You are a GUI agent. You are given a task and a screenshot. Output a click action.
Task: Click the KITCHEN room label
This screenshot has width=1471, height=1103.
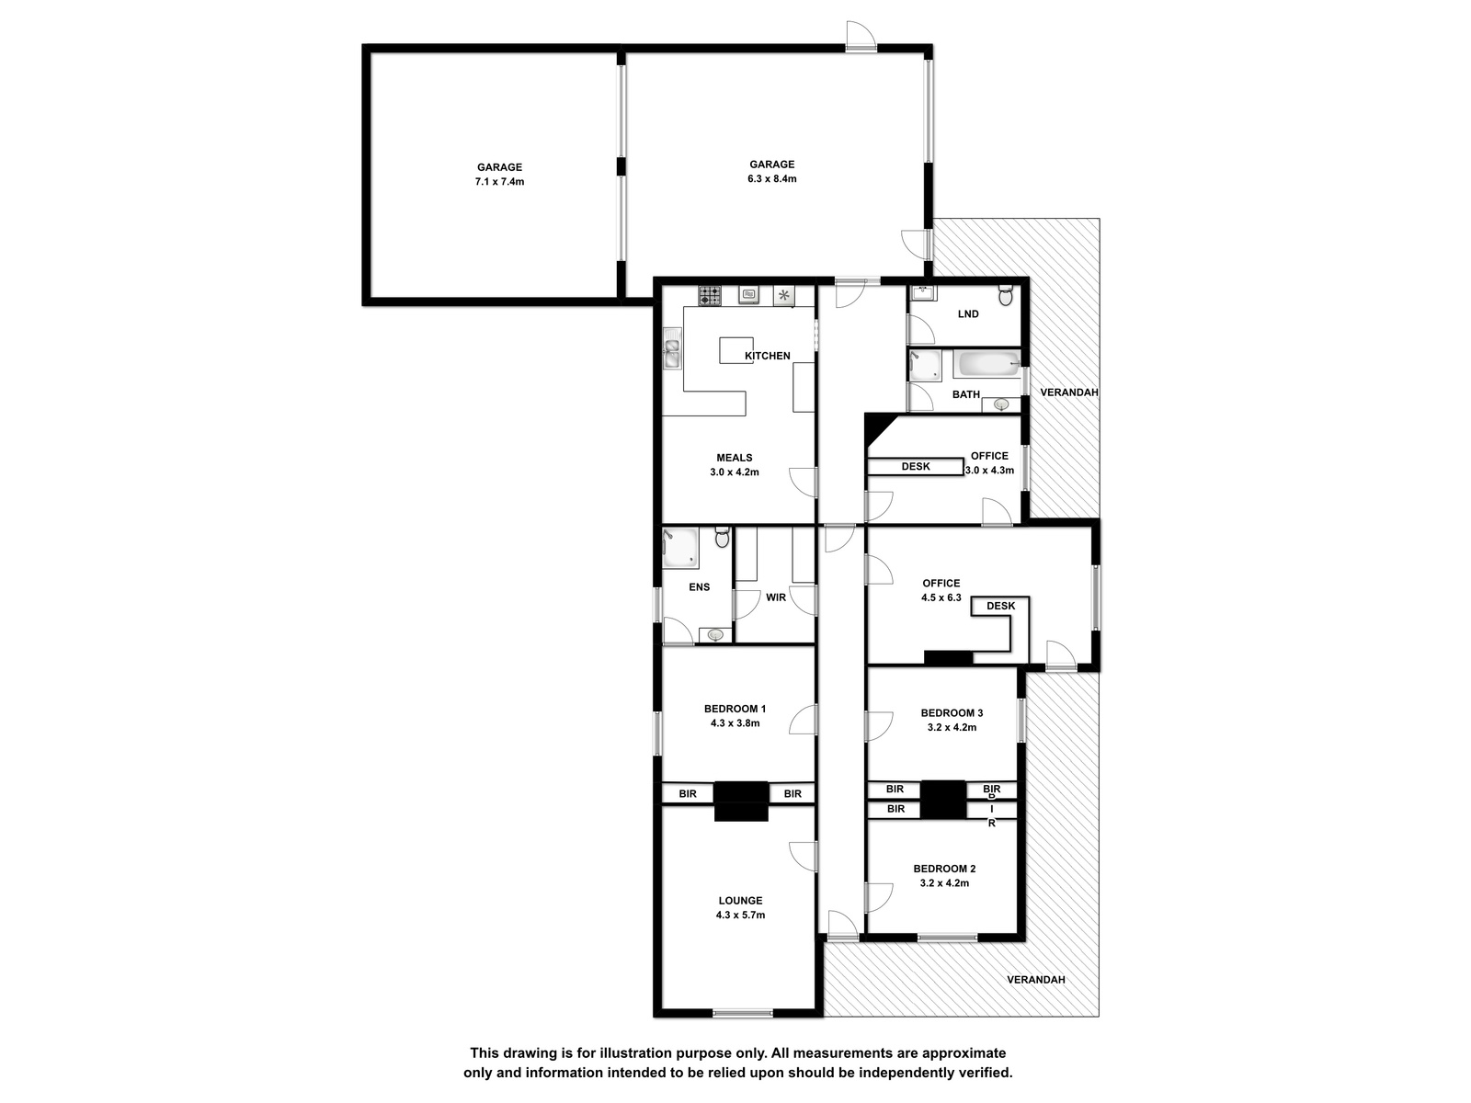[x=768, y=356]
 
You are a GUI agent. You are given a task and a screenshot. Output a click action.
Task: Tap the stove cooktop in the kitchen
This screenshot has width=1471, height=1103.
[x=710, y=295]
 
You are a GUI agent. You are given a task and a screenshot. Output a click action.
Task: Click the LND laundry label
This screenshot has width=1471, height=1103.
[x=968, y=313]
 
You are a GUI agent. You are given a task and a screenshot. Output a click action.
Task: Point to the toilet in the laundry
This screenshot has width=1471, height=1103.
[x=1005, y=295]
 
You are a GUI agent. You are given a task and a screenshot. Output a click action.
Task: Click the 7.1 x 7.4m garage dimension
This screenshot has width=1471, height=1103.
[x=500, y=181]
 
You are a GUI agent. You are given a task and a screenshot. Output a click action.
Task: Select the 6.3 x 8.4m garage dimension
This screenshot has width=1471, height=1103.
[x=772, y=179]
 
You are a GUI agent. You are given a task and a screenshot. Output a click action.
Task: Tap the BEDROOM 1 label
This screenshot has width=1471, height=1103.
[x=735, y=709]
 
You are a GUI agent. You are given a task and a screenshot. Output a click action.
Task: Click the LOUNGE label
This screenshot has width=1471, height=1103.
[x=740, y=901]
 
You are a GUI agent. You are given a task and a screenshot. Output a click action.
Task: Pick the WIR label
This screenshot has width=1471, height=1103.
[x=776, y=597]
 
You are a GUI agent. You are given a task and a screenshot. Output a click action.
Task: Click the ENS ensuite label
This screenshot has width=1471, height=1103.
[x=699, y=586]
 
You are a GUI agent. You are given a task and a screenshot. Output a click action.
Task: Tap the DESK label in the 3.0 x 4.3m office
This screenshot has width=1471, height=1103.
[x=916, y=466]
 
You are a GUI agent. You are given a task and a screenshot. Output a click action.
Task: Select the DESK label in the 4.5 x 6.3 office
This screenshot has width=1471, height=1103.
[x=1000, y=606]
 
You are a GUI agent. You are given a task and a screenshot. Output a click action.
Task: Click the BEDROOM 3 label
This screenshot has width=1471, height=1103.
[x=952, y=712]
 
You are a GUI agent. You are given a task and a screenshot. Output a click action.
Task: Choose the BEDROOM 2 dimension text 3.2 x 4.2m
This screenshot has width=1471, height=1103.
[x=944, y=882]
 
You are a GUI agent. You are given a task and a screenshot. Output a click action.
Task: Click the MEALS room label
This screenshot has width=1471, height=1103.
[x=735, y=458]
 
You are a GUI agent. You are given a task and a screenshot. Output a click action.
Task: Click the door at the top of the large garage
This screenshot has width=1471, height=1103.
[x=861, y=37]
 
